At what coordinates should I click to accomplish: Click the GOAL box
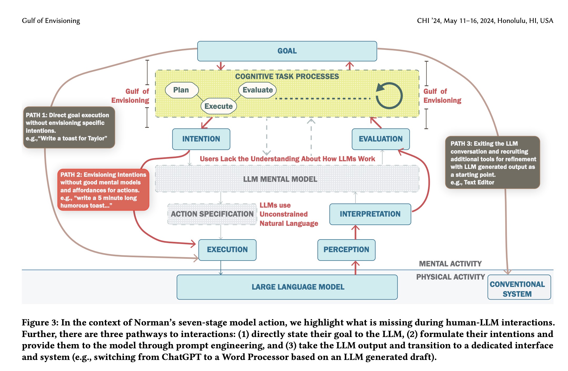coord(287,51)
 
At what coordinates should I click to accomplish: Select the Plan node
coord(181,90)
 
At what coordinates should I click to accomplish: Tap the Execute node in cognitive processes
coord(218,106)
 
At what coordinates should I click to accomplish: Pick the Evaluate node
coord(257,90)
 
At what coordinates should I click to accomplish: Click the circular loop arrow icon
coord(389,96)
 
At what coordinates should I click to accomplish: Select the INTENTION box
coord(201,139)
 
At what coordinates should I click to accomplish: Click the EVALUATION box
coord(380,139)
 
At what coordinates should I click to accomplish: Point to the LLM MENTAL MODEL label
coord(280,179)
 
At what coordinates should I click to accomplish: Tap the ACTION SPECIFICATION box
coord(212,214)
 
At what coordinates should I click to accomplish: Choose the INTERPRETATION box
coord(370,214)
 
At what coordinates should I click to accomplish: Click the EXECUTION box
coord(227,250)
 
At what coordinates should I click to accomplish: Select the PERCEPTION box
coord(346,250)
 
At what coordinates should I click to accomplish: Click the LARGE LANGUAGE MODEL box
coord(287,287)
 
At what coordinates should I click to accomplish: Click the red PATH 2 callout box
coord(103,190)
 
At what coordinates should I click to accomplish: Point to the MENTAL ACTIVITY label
coord(450,264)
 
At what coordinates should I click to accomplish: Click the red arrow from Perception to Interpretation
coord(355,232)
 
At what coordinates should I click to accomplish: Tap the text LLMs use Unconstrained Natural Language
coord(288,214)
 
